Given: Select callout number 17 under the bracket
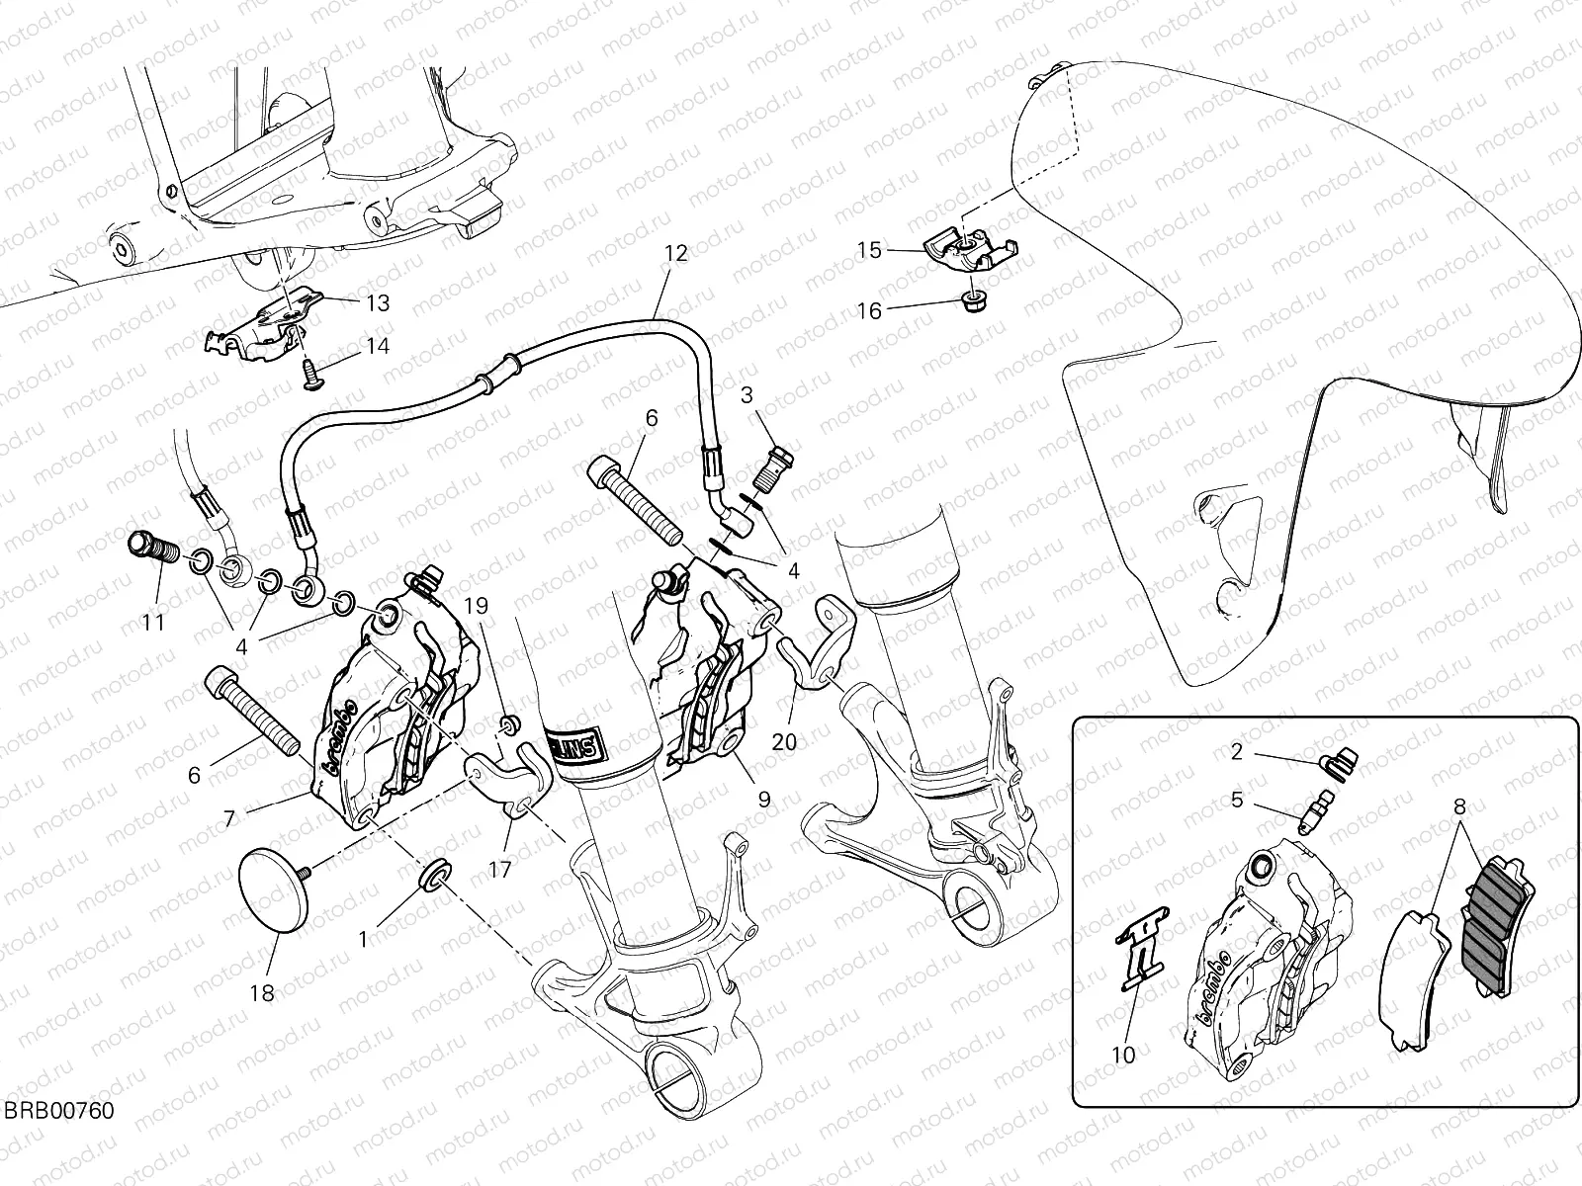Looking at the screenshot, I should tap(500, 869).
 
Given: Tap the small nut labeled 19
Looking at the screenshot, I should tap(510, 726).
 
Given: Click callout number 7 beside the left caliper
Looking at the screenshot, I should tap(228, 819).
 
